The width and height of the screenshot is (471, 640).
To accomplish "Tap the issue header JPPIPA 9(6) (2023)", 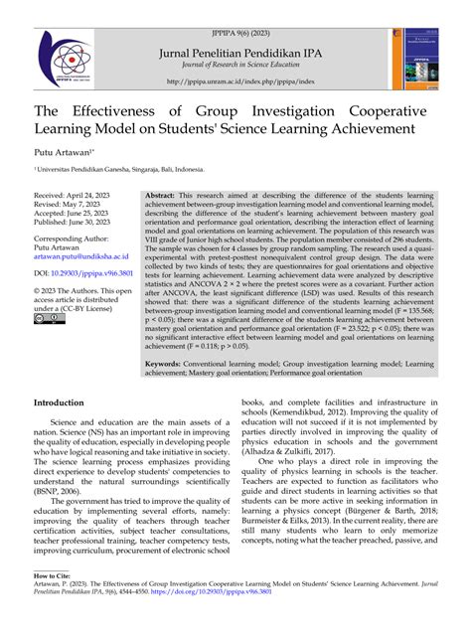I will click(235, 8).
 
